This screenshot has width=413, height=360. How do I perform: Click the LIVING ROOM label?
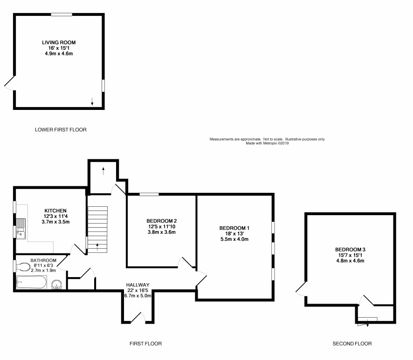[x=59, y=42]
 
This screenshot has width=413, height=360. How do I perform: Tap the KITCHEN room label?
[x=55, y=211]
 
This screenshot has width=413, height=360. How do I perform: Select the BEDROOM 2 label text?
[x=161, y=221]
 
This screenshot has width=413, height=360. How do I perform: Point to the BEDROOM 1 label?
[x=234, y=228]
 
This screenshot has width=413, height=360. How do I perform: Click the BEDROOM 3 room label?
[x=350, y=250]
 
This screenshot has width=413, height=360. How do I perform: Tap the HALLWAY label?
[x=138, y=285]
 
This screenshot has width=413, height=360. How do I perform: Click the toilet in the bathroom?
[x=23, y=266]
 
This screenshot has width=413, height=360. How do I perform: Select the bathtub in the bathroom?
[x=31, y=282]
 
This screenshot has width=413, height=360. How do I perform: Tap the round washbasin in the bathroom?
[x=57, y=285]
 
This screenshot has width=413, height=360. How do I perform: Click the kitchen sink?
[x=21, y=229]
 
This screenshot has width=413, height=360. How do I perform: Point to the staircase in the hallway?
[x=97, y=230]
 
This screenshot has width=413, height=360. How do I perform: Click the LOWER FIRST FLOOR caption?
[x=61, y=129]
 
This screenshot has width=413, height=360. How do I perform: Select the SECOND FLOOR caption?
[x=352, y=343]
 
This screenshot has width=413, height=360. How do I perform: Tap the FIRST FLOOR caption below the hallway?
[x=145, y=343]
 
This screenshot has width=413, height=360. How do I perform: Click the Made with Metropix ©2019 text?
[x=267, y=143]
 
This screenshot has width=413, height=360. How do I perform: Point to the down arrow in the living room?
[x=92, y=102]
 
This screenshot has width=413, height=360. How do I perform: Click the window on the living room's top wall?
[x=62, y=14]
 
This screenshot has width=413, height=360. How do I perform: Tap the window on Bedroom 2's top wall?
[x=149, y=195]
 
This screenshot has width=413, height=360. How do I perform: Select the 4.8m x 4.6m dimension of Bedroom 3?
[x=350, y=261]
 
